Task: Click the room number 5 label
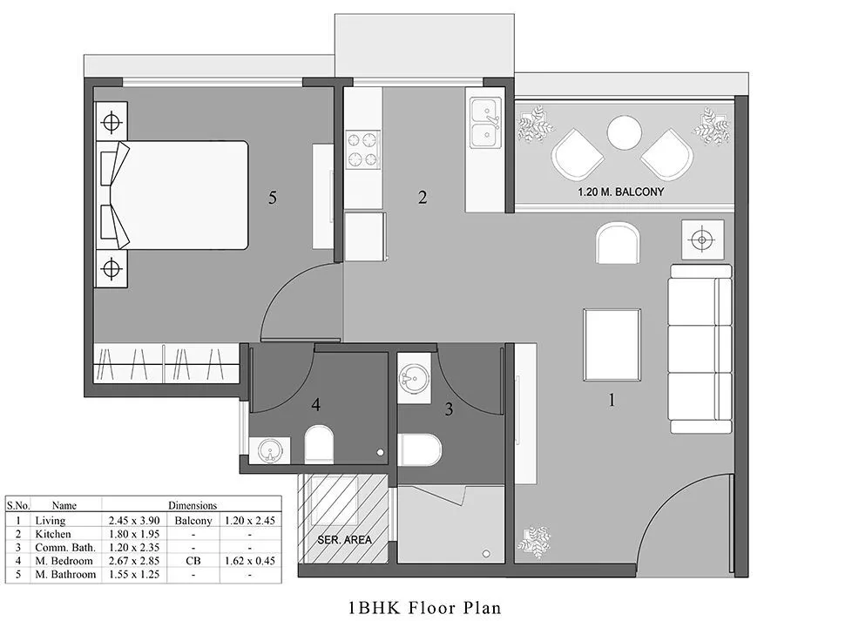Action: pos(273,199)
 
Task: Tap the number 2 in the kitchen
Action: pos(423,198)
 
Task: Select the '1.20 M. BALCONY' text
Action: pos(621,192)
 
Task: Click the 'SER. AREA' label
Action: pos(346,540)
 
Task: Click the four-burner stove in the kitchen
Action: pos(362,149)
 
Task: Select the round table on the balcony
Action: pos(624,134)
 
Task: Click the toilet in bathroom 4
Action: pos(319,444)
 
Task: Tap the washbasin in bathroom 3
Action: pos(414,380)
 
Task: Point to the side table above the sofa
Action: pos(703,239)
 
